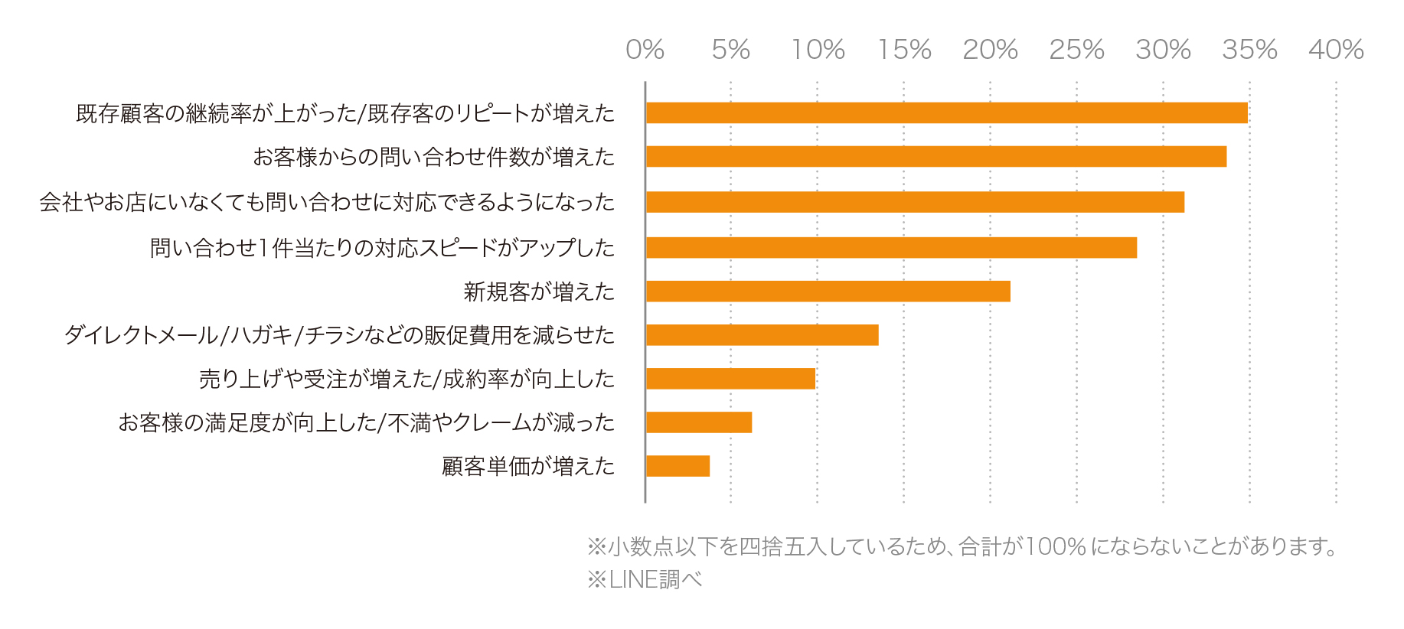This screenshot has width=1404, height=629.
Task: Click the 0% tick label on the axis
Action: click(x=645, y=50)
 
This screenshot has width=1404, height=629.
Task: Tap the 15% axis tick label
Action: click(x=904, y=50)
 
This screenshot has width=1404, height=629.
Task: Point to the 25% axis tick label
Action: click(x=1076, y=50)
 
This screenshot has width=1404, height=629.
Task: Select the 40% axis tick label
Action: click(x=1336, y=50)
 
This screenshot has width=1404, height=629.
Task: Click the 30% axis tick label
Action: click(x=1163, y=50)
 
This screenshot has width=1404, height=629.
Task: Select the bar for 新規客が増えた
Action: click(x=828, y=292)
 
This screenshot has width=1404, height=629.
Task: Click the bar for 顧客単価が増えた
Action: click(x=678, y=466)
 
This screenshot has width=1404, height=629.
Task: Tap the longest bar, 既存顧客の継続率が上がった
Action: click(x=946, y=113)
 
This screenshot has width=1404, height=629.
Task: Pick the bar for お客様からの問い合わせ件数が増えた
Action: click(x=935, y=157)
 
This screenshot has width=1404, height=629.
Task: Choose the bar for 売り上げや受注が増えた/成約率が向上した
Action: click(x=730, y=379)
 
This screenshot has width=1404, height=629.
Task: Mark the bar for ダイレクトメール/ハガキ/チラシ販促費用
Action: click(x=762, y=335)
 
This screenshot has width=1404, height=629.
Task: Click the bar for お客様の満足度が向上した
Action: click(x=698, y=422)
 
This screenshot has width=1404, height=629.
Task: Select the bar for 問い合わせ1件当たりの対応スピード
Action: click(x=891, y=248)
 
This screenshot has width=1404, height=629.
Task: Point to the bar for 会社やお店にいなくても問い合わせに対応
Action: click(x=915, y=202)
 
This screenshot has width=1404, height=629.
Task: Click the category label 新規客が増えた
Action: click(x=539, y=292)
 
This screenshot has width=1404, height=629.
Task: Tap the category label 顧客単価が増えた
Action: click(x=528, y=466)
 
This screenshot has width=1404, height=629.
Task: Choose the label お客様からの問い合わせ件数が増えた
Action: click(x=433, y=157)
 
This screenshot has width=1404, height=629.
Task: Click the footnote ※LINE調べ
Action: click(x=645, y=579)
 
